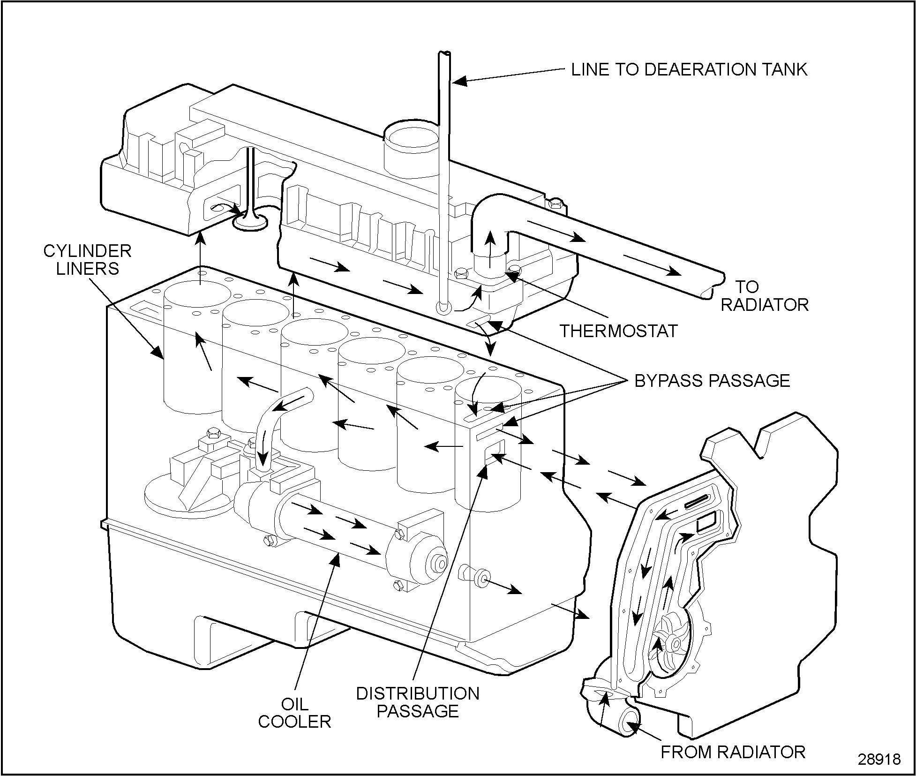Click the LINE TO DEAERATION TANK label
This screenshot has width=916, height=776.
tap(689, 69)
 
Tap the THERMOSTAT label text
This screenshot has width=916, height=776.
tap(619, 331)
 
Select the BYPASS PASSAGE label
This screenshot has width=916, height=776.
tap(712, 381)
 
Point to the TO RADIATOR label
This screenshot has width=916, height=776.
tap(764, 296)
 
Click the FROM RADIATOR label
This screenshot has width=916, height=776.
tap(733, 752)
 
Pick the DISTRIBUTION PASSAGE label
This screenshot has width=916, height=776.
tap(418, 702)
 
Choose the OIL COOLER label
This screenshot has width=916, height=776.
tap(294, 713)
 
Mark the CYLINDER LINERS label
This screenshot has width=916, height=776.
tap(87, 260)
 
